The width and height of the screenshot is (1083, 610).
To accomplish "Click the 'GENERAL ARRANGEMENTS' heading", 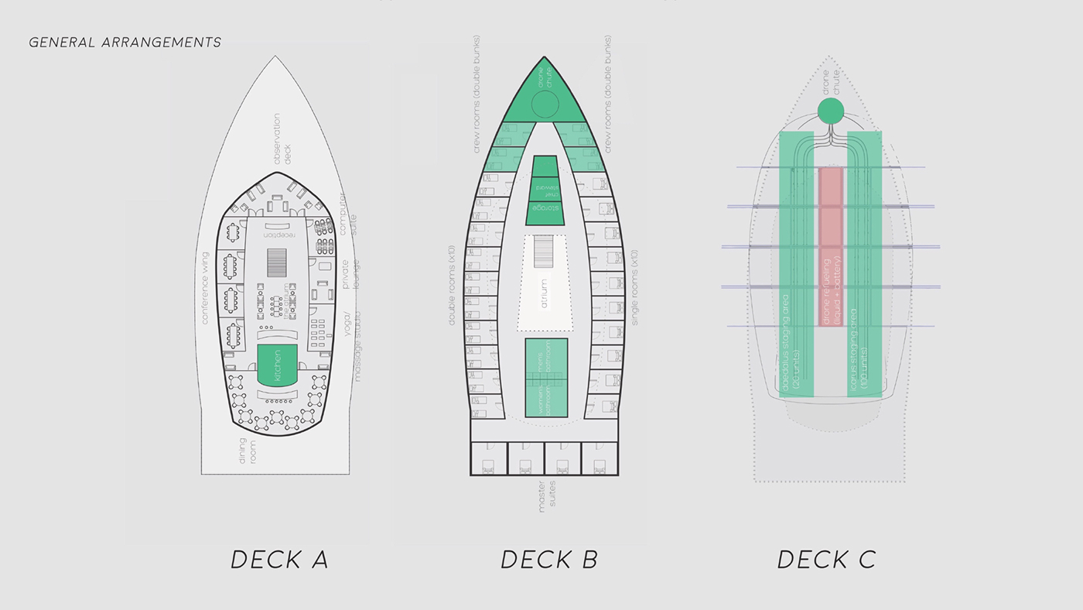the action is pos(125,43).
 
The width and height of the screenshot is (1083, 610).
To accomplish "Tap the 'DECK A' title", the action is pos(279,559).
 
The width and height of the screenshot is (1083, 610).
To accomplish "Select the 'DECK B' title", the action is pos(548,559).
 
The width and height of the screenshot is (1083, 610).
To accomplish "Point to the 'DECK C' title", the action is pos(826,559).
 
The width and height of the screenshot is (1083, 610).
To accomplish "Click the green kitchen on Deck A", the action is pos(277,365).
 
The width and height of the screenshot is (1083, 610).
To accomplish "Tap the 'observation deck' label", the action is pos(282,139).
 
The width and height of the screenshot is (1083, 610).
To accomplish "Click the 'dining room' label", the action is pos(247,451).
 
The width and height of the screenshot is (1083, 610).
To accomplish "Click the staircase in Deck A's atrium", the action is pos(277,262).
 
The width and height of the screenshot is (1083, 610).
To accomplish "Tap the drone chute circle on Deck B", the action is pos(545,103).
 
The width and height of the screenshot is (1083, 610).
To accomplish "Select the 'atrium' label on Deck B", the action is pos(545,293).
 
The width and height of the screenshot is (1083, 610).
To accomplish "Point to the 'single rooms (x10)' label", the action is pos(634,287).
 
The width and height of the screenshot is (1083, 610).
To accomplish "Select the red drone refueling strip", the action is pos(830,246).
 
